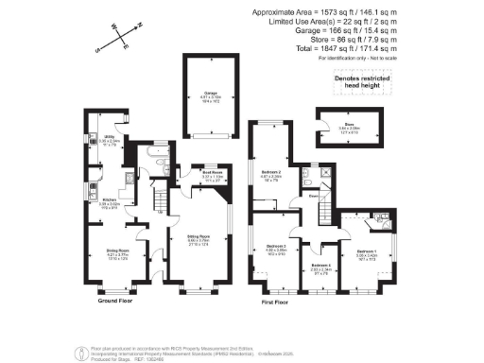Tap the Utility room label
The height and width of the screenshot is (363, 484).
(x=109, y=145)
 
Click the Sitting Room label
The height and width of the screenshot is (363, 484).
(x=197, y=242)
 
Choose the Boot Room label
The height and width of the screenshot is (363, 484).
(x=212, y=174)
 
